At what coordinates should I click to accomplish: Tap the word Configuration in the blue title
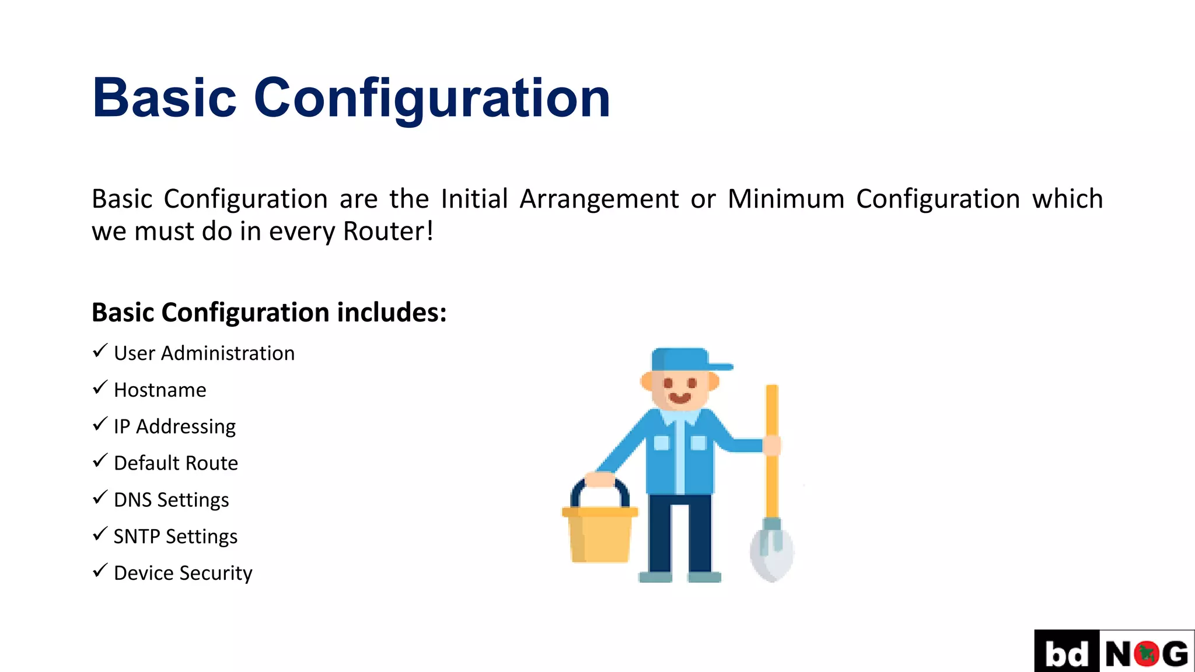pos(432,98)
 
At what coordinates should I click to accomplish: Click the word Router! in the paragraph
pos(388,231)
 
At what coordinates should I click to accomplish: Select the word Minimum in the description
pos(786,199)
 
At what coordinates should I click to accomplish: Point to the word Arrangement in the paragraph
pos(599,199)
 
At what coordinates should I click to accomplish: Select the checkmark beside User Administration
pos(100,351)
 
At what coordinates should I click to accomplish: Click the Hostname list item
pos(160,390)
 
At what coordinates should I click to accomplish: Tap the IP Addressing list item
pos(174,426)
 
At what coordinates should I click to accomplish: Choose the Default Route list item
pos(176,463)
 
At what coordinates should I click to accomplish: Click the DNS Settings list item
pos(171,500)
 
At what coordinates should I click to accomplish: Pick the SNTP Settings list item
pos(175,537)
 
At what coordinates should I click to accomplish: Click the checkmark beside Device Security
pos(100,570)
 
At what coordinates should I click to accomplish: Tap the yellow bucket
pos(600,535)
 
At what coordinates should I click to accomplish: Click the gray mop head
pos(771,552)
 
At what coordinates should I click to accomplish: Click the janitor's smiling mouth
pos(679,398)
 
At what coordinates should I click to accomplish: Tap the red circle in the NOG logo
pos(1147,654)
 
